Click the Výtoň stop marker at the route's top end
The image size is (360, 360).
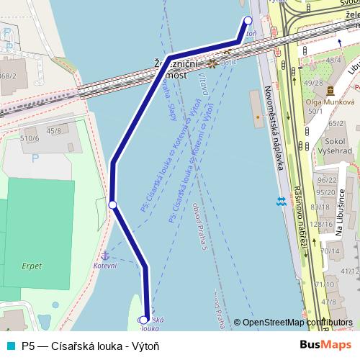coord(248,21)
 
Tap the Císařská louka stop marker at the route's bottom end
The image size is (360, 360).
coord(145,320)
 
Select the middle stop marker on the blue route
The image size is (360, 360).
coord(112,205)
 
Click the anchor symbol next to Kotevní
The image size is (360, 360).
coord(104,256)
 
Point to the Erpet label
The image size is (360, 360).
coord(32,266)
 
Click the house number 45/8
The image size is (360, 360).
coord(54,130)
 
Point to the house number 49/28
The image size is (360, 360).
coord(313,83)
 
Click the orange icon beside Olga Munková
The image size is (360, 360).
coord(330,91)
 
